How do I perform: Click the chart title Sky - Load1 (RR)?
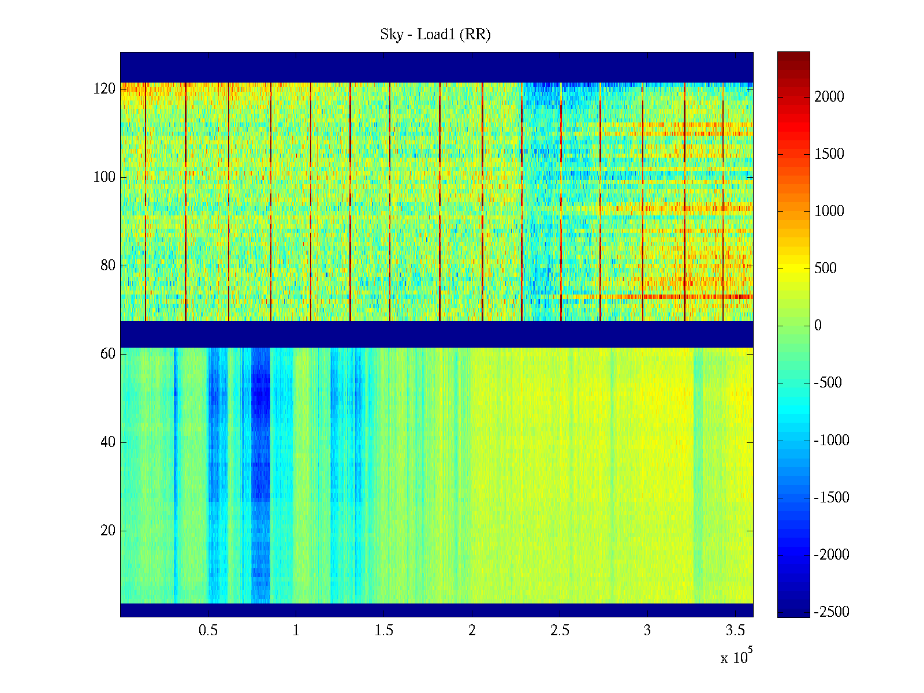tap(435, 35)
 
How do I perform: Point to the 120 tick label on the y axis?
tap(105, 89)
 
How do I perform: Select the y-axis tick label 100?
tap(105, 177)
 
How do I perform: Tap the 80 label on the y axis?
tap(108, 266)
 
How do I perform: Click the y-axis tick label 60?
tap(108, 354)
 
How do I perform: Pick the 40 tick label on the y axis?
tap(108, 442)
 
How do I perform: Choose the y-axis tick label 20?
tap(108, 531)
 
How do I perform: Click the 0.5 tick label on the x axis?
tap(208, 631)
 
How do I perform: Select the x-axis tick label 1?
tap(296, 631)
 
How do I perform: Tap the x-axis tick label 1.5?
tap(383, 631)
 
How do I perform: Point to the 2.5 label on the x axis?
tap(559, 631)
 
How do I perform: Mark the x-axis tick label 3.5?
tap(735, 631)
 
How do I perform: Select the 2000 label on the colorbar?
tap(829, 97)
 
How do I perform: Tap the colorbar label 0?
tap(818, 326)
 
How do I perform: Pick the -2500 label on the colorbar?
tap(832, 612)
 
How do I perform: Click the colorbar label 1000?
tap(829, 211)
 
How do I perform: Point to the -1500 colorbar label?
tap(832, 498)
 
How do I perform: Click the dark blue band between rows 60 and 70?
tap(437, 334)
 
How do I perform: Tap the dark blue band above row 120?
tap(437, 67)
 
